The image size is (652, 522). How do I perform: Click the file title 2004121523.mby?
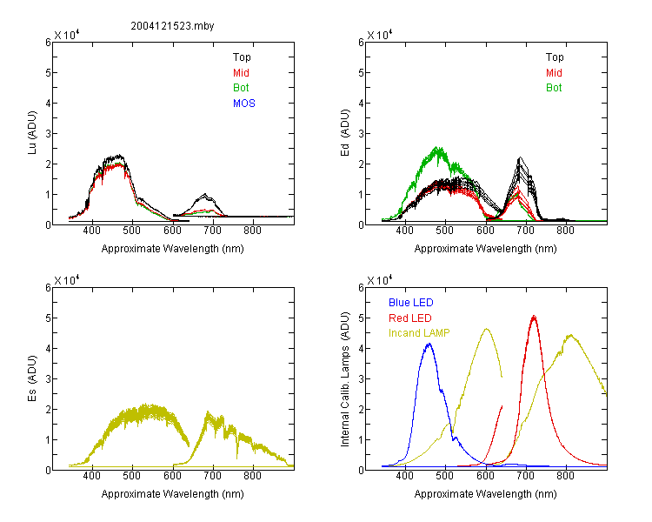pyautogui.click(x=172, y=26)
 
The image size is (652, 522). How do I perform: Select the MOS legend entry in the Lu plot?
pyautogui.click(x=244, y=104)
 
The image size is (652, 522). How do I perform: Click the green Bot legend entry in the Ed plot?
pyautogui.click(x=554, y=88)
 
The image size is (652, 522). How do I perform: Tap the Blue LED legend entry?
pyautogui.click(x=411, y=303)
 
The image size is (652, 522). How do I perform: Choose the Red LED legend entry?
pyautogui.click(x=410, y=318)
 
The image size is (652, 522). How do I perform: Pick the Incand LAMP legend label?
pyautogui.click(x=419, y=333)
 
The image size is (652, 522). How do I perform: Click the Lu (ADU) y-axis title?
pyautogui.click(x=32, y=132)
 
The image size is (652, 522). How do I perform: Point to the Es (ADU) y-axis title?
pyautogui.click(x=32, y=378)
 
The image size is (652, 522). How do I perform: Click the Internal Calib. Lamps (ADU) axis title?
pyautogui.click(x=345, y=379)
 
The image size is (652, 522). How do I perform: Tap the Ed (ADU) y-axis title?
pyautogui.click(x=345, y=132)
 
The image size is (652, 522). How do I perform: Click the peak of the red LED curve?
pyautogui.click(x=534, y=317)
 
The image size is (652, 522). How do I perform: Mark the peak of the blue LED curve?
pyautogui.click(x=429, y=344)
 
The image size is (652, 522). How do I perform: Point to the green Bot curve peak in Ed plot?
pyautogui.click(x=436, y=148)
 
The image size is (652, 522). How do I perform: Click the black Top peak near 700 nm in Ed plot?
pyautogui.click(x=520, y=157)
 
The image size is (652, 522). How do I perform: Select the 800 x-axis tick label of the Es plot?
pyautogui.click(x=252, y=476)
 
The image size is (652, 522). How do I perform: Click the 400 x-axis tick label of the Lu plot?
pyautogui.click(x=92, y=231)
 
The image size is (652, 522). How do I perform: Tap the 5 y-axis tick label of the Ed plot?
pyautogui.click(x=361, y=73)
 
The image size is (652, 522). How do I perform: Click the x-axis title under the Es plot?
pyautogui.click(x=173, y=494)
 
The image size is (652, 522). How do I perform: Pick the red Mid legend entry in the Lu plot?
pyautogui.click(x=241, y=73)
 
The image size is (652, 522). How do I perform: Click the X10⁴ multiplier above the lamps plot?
pyautogui.click(x=380, y=280)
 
